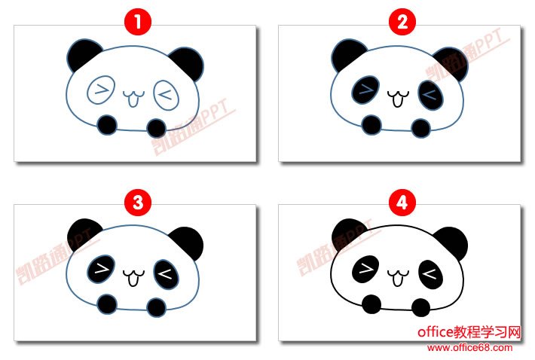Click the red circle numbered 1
click(138, 22)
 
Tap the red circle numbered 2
click(402, 22)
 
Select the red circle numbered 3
click(138, 203)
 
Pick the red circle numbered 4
click(402, 203)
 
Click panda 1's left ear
click(82, 53)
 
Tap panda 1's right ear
click(189, 63)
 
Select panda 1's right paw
click(156, 128)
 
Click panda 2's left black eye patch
click(365, 90)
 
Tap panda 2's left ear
click(347, 53)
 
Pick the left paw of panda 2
click(371, 125)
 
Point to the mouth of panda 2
click(398, 98)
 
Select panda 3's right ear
click(188, 243)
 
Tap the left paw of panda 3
click(107, 304)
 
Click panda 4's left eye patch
click(365, 270)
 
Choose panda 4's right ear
click(453, 243)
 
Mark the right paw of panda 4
click(420, 307)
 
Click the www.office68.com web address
click(469, 348)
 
